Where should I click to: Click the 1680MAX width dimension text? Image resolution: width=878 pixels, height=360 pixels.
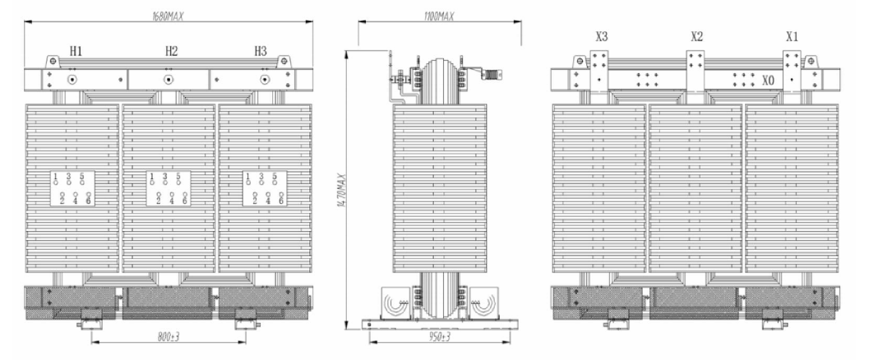168,16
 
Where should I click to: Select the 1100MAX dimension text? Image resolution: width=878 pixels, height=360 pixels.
439,16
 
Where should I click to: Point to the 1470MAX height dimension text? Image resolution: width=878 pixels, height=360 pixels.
341,191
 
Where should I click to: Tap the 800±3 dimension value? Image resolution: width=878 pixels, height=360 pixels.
168,336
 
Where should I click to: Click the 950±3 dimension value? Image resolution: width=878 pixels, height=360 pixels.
440,336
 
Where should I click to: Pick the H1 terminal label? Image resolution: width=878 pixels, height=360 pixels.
76,51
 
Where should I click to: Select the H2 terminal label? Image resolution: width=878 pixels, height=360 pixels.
171,51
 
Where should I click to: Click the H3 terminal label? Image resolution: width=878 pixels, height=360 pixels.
261,51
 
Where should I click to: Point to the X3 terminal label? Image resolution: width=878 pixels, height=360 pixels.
602,37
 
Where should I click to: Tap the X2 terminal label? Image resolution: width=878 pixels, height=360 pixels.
696,37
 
